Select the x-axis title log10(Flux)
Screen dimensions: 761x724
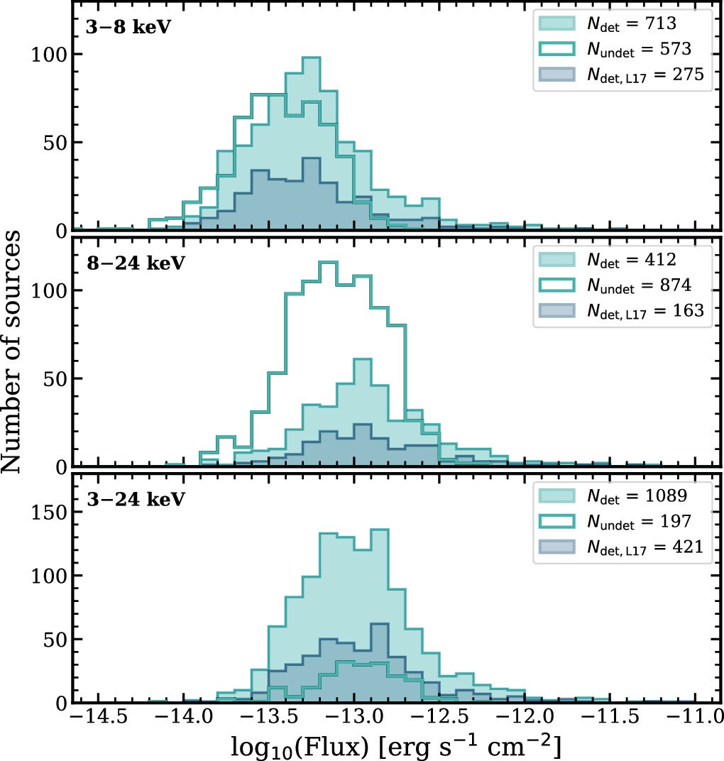click(x=397, y=745)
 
